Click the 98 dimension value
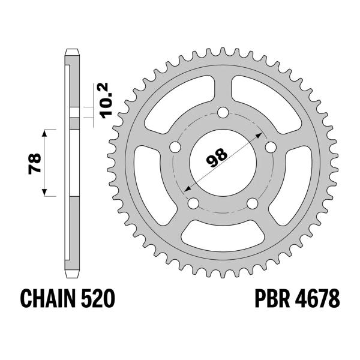tap(220, 155)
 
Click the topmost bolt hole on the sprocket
tap(223, 113)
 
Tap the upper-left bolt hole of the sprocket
tap(176, 147)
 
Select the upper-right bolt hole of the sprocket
tap(271, 147)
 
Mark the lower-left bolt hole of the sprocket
tap(193, 203)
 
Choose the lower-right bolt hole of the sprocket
tap(253, 203)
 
